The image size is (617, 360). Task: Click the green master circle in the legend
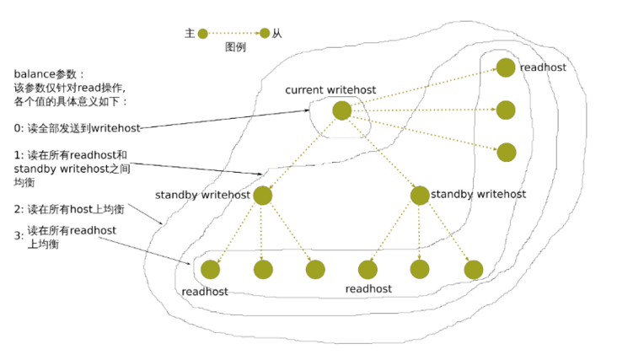pos(202,34)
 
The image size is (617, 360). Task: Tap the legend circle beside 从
pos(265,34)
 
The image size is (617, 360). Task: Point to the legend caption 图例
pos(235,48)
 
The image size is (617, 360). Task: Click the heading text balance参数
pos(50,74)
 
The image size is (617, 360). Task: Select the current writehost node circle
pos(341,110)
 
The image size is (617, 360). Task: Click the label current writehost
pos(330,90)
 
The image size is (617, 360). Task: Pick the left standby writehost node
pos(262,196)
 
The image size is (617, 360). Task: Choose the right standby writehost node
pos(420,196)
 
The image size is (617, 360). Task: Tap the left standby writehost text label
pos(202,196)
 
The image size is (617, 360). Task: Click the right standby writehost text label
pos(478,195)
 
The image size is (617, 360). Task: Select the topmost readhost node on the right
pos(506,67)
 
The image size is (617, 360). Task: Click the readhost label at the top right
pos(543,67)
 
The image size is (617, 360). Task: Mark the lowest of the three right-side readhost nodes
pos(506,152)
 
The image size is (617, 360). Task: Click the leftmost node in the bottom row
pos(210,270)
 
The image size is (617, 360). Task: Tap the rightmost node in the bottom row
pos(473,270)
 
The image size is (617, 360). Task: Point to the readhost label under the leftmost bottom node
pos(204,292)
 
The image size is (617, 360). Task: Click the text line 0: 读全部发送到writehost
pos(77,128)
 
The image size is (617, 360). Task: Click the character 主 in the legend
pos(190,34)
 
